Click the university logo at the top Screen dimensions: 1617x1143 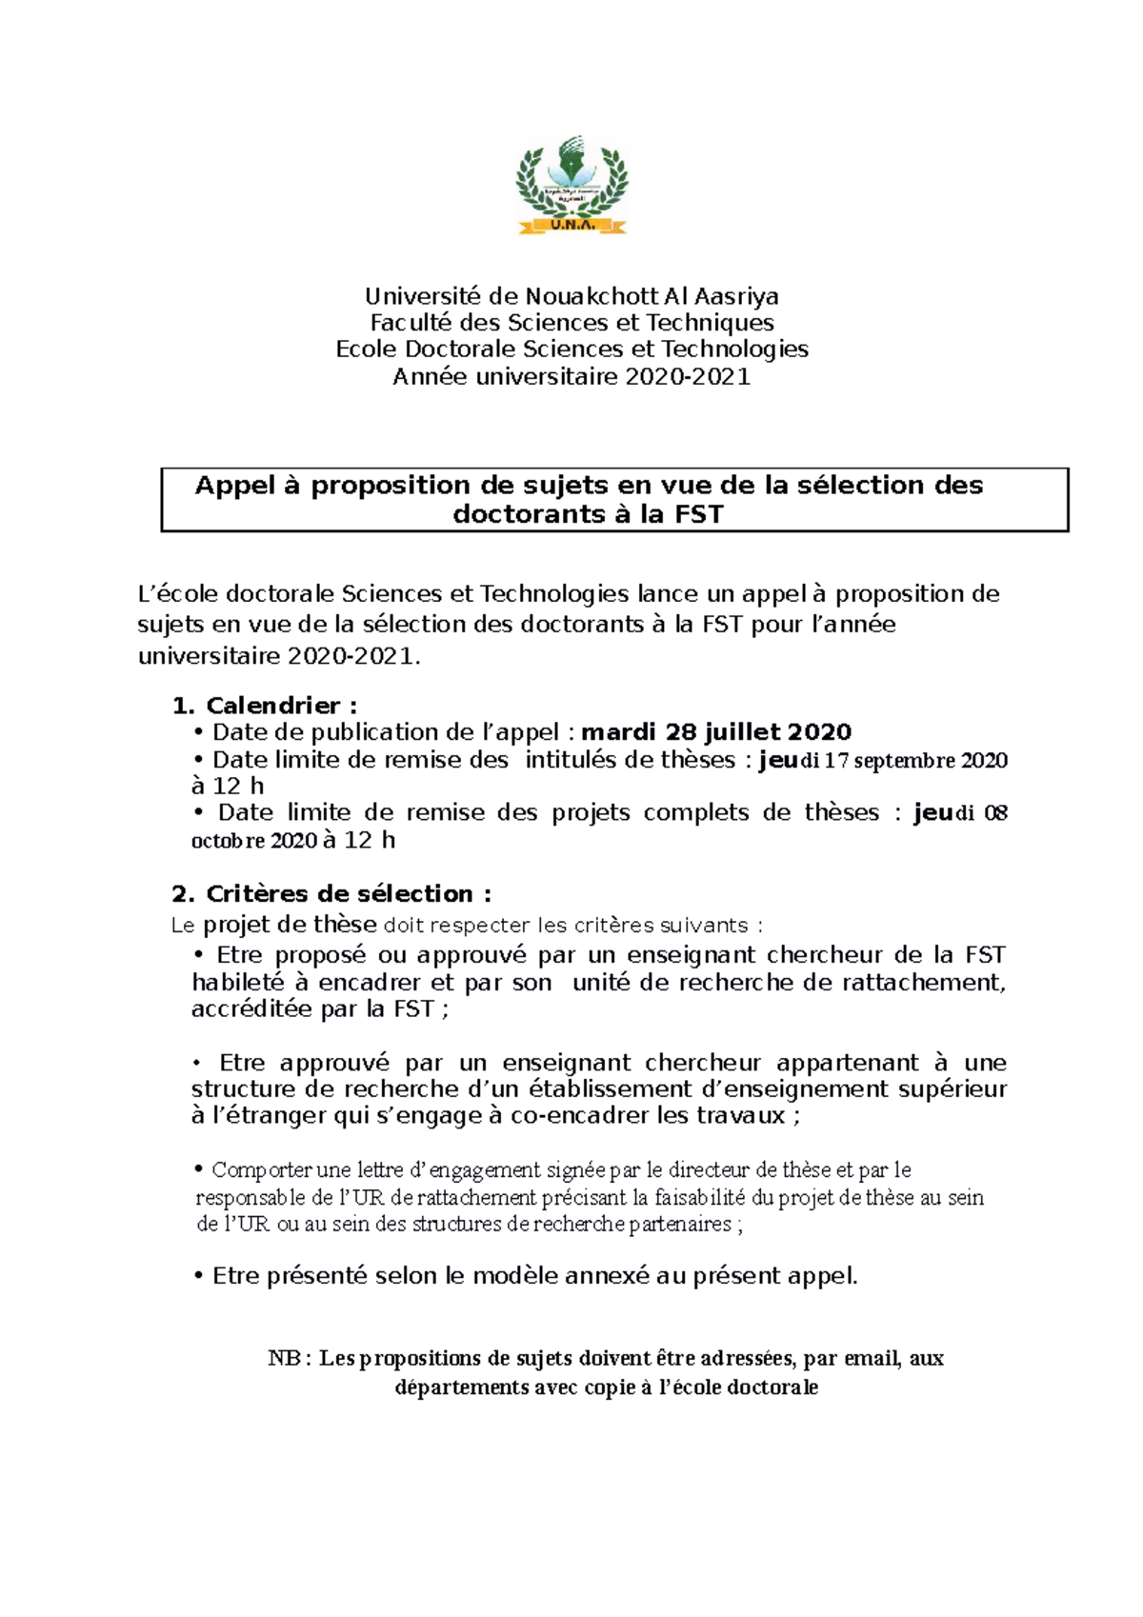coord(571,183)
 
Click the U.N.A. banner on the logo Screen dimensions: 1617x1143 coord(571,226)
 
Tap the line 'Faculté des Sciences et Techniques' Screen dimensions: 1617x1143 coord(571,323)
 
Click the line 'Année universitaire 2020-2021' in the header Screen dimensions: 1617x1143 coord(571,377)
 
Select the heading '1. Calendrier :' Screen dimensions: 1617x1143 coord(265,706)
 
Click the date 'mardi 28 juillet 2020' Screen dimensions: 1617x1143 coord(716,732)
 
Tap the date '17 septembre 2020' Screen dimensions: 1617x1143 coord(915,761)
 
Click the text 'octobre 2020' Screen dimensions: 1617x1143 coord(254,841)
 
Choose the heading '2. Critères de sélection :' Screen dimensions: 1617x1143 coord(331,894)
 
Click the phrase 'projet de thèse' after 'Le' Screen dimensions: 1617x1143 coord(290,925)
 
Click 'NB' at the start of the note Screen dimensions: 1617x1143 coord(284,1359)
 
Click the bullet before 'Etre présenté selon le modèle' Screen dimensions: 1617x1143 coord(199,1277)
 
